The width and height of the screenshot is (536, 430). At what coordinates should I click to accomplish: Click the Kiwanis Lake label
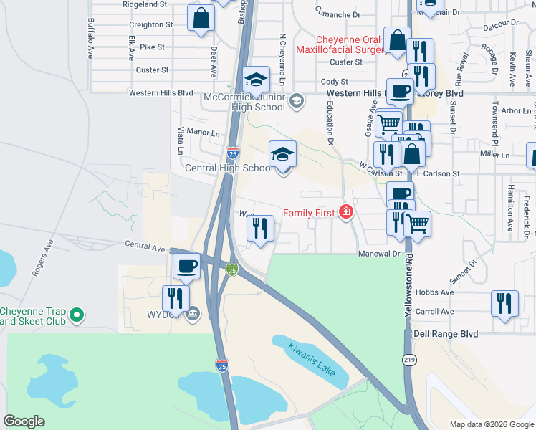[312, 359]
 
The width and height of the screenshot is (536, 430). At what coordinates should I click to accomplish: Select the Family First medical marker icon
[345, 212]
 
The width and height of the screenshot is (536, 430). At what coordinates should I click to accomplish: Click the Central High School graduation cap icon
[282, 153]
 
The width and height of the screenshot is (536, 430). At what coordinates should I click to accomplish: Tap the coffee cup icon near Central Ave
[187, 266]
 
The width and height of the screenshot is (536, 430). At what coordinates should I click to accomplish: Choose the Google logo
[24, 421]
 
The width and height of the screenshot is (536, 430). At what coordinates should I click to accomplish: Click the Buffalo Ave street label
[91, 38]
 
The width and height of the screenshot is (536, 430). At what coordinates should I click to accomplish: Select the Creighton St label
[151, 24]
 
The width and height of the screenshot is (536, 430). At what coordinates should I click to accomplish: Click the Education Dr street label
[330, 123]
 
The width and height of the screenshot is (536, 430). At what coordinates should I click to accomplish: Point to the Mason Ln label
[204, 133]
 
